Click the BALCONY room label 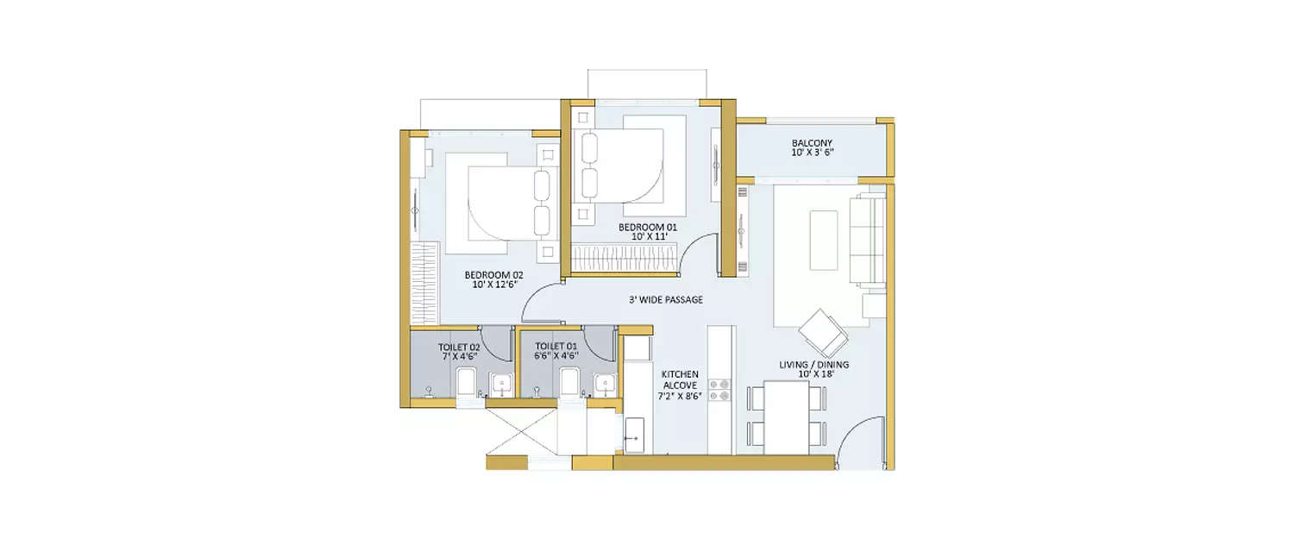click(812, 143)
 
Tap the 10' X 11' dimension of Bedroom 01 click(648, 236)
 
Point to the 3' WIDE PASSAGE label click(665, 300)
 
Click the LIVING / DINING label click(813, 365)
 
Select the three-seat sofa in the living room click(868, 240)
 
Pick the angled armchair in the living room click(822, 333)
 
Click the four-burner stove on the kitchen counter click(720, 390)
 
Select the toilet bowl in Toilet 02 click(466, 382)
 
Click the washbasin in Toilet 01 click(606, 385)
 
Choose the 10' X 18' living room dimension click(813, 375)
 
